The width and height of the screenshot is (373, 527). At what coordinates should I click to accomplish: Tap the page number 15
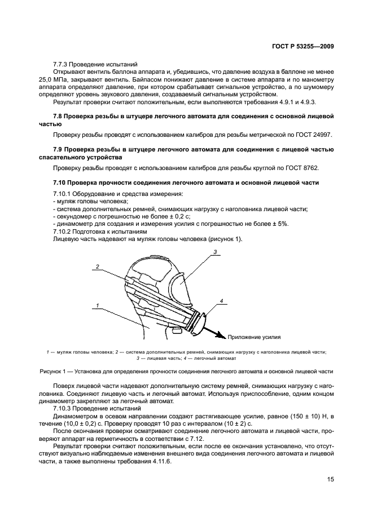(331, 480)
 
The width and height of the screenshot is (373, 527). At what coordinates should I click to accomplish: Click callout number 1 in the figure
(97, 305)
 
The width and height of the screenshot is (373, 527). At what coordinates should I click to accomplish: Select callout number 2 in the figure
(97, 266)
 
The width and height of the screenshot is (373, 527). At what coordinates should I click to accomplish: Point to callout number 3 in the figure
(216, 252)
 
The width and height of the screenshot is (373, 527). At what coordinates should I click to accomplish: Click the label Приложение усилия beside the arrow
(254, 337)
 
